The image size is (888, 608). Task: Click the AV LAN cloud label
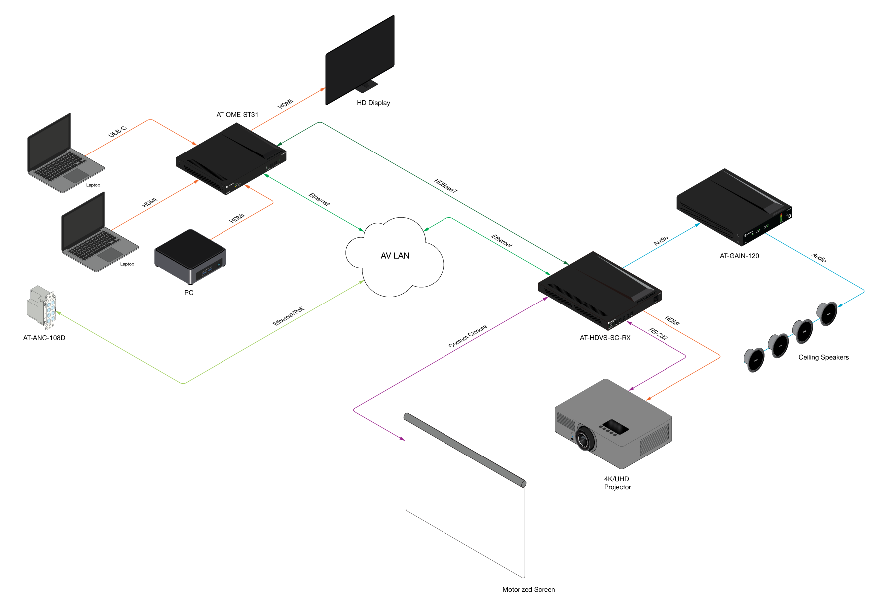(x=395, y=256)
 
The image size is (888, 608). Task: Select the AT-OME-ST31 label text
(x=237, y=115)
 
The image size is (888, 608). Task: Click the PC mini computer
(x=190, y=256)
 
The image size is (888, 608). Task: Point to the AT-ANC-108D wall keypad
(x=41, y=307)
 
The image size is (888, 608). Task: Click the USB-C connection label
(x=118, y=132)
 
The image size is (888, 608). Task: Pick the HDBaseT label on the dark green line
(x=445, y=186)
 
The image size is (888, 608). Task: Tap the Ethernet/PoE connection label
(x=289, y=316)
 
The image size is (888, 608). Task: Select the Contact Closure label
(x=468, y=336)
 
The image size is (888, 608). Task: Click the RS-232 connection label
(x=658, y=334)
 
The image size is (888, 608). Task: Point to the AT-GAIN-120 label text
(x=739, y=256)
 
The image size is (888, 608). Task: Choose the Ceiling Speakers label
(x=823, y=357)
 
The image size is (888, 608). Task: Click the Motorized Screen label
(x=528, y=590)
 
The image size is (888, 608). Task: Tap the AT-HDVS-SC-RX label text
(x=605, y=338)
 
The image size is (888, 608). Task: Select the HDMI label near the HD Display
(x=286, y=104)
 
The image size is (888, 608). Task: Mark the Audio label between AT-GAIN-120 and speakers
(x=819, y=258)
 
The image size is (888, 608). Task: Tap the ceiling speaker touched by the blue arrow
(x=827, y=313)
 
